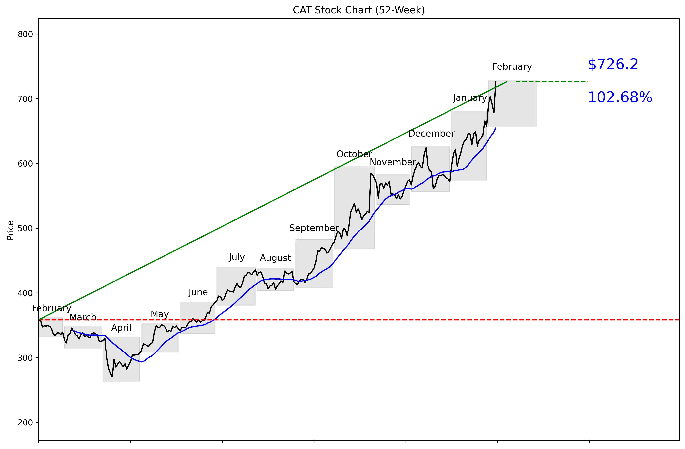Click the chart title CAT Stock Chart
point(359,10)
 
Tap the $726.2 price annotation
point(613,65)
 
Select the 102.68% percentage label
point(620,97)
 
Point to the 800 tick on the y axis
point(25,34)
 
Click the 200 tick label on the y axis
point(25,423)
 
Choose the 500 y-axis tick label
point(25,228)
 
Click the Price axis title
point(10,230)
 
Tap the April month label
point(121,328)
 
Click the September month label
point(314,228)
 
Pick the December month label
point(431,134)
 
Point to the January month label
point(469,98)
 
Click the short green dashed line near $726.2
point(551,82)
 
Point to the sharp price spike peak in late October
point(371,174)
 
